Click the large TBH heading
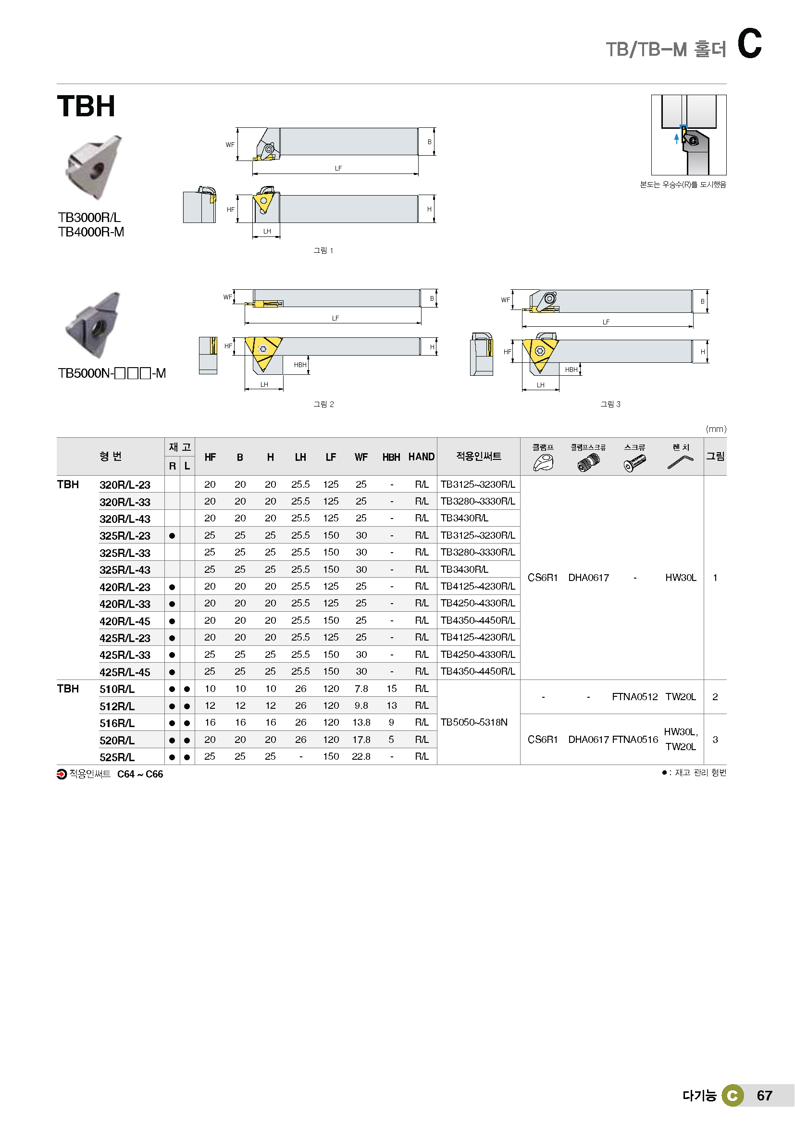[86, 106]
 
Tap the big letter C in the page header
[749, 44]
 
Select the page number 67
[764, 1095]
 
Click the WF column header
[361, 457]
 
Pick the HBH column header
[391, 457]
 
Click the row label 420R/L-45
[125, 621]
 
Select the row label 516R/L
[117, 723]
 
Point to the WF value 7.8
[361, 688]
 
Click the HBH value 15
[391, 688]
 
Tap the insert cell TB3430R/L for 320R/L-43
[464, 518]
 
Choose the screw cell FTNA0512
[634, 697]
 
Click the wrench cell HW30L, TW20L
[681, 739]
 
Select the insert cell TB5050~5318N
[474, 722]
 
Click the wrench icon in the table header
[680, 462]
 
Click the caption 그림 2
[323, 404]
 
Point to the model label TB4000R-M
[91, 232]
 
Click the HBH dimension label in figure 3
[571, 370]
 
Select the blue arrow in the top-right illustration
[677, 138]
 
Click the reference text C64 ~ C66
[140, 774]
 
